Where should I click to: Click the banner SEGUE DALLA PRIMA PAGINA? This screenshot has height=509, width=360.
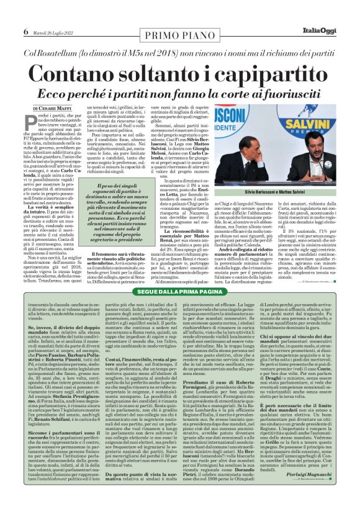click(x=179, y=291)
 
